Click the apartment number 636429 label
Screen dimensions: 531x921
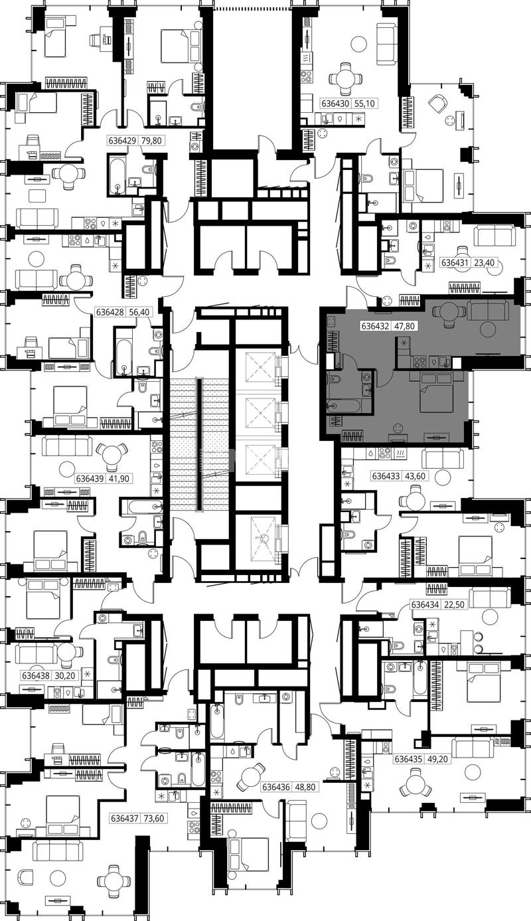[122, 141]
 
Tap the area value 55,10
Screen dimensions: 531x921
[364, 104]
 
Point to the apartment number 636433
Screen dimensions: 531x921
[386, 476]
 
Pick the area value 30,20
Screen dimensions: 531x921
[64, 675]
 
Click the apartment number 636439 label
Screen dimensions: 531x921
[90, 479]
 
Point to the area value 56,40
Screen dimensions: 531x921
[139, 312]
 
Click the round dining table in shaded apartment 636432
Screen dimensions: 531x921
[449, 312]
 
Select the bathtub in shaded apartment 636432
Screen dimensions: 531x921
[344, 406]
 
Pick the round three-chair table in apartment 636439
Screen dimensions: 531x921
[110, 455]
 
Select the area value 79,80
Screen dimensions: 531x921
[151, 141]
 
